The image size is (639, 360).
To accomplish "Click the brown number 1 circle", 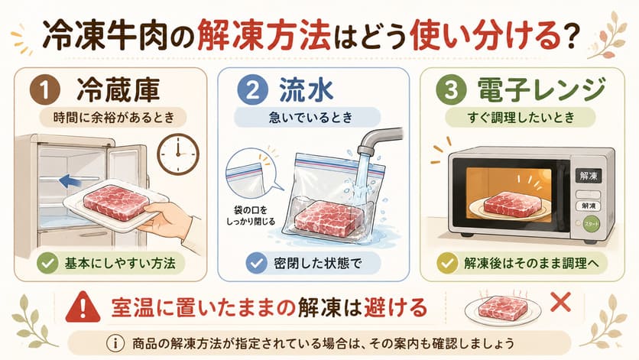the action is [45, 90].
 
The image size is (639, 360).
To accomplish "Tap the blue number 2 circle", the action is [253, 90].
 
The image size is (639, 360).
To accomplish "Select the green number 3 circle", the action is [451, 90].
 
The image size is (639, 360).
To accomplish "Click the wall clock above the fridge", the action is [178, 154].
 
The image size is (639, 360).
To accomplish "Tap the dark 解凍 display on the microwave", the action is [589, 176].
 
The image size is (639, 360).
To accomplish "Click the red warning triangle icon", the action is [83, 307].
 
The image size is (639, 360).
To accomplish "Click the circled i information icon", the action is [115, 343].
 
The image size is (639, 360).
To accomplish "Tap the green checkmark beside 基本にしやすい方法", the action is [47, 263].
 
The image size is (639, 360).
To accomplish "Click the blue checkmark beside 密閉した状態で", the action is [256, 263].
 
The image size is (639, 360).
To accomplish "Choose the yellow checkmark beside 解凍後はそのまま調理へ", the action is [447, 263].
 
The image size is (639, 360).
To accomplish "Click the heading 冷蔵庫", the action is [118, 90].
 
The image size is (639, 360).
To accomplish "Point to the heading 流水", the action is [306, 90].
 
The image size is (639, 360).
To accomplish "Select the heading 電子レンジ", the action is [542, 90].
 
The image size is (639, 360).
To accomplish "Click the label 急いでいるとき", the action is [310, 118].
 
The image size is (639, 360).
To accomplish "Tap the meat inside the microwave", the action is [512, 204].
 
